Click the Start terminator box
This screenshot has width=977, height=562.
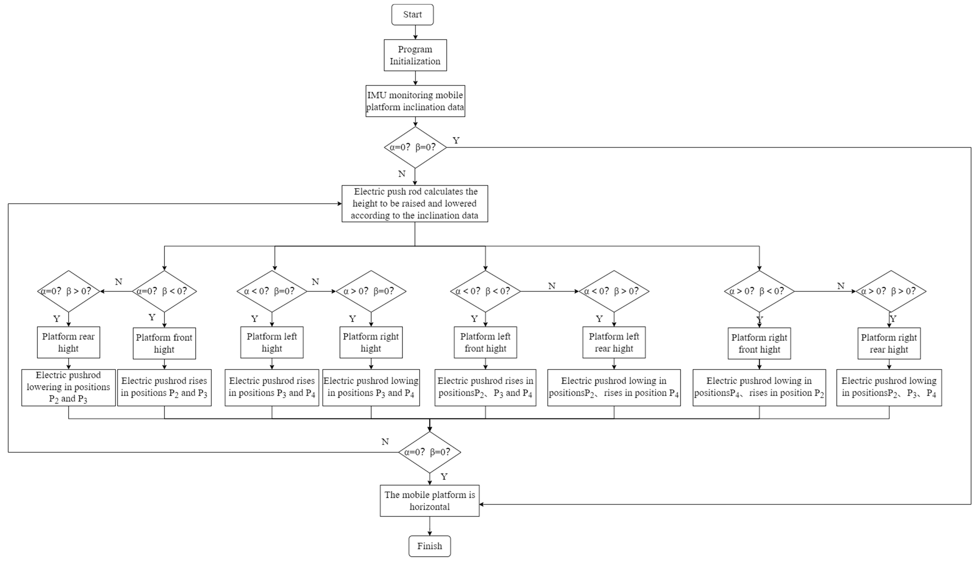tap(412, 15)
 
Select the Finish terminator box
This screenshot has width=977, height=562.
tap(429, 546)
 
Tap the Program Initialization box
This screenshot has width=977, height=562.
tap(415, 55)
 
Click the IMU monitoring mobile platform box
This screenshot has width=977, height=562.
tap(415, 101)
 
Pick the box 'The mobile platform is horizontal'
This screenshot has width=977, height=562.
tap(429, 501)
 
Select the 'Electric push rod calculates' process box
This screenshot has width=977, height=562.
tap(415, 203)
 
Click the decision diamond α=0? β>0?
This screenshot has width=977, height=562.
tap(68, 291)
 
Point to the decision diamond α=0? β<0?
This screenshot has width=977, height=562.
tap(164, 291)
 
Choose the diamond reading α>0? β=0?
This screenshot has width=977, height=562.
tap(371, 291)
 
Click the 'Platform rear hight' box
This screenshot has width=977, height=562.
tap(68, 342)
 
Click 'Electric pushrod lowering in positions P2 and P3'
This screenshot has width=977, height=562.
tap(68, 387)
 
